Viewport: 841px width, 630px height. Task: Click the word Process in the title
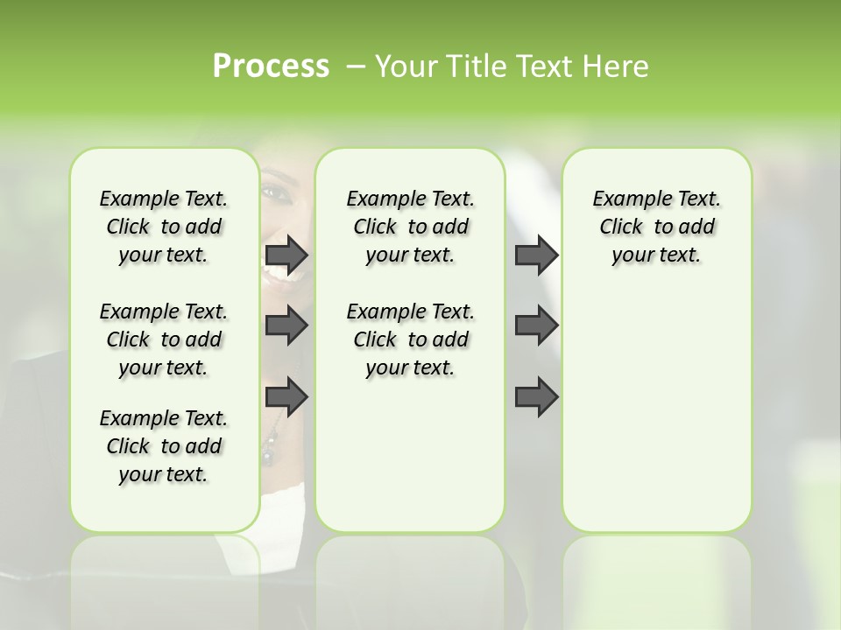click(271, 66)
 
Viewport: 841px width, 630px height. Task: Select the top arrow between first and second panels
click(286, 255)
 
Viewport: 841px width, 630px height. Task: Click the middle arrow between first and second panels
click(286, 326)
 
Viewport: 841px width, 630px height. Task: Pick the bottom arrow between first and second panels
click(286, 397)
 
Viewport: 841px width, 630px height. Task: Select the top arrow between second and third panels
click(536, 255)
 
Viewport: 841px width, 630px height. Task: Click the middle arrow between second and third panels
click(536, 326)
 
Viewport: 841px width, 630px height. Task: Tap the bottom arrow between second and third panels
click(536, 397)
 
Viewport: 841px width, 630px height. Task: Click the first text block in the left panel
click(164, 227)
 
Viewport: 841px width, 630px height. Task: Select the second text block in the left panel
click(164, 339)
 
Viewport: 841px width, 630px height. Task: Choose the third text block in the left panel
click(164, 446)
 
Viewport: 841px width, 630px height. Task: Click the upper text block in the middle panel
click(410, 227)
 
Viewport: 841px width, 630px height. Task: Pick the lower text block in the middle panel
click(410, 339)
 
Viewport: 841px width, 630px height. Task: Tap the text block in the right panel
click(656, 227)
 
